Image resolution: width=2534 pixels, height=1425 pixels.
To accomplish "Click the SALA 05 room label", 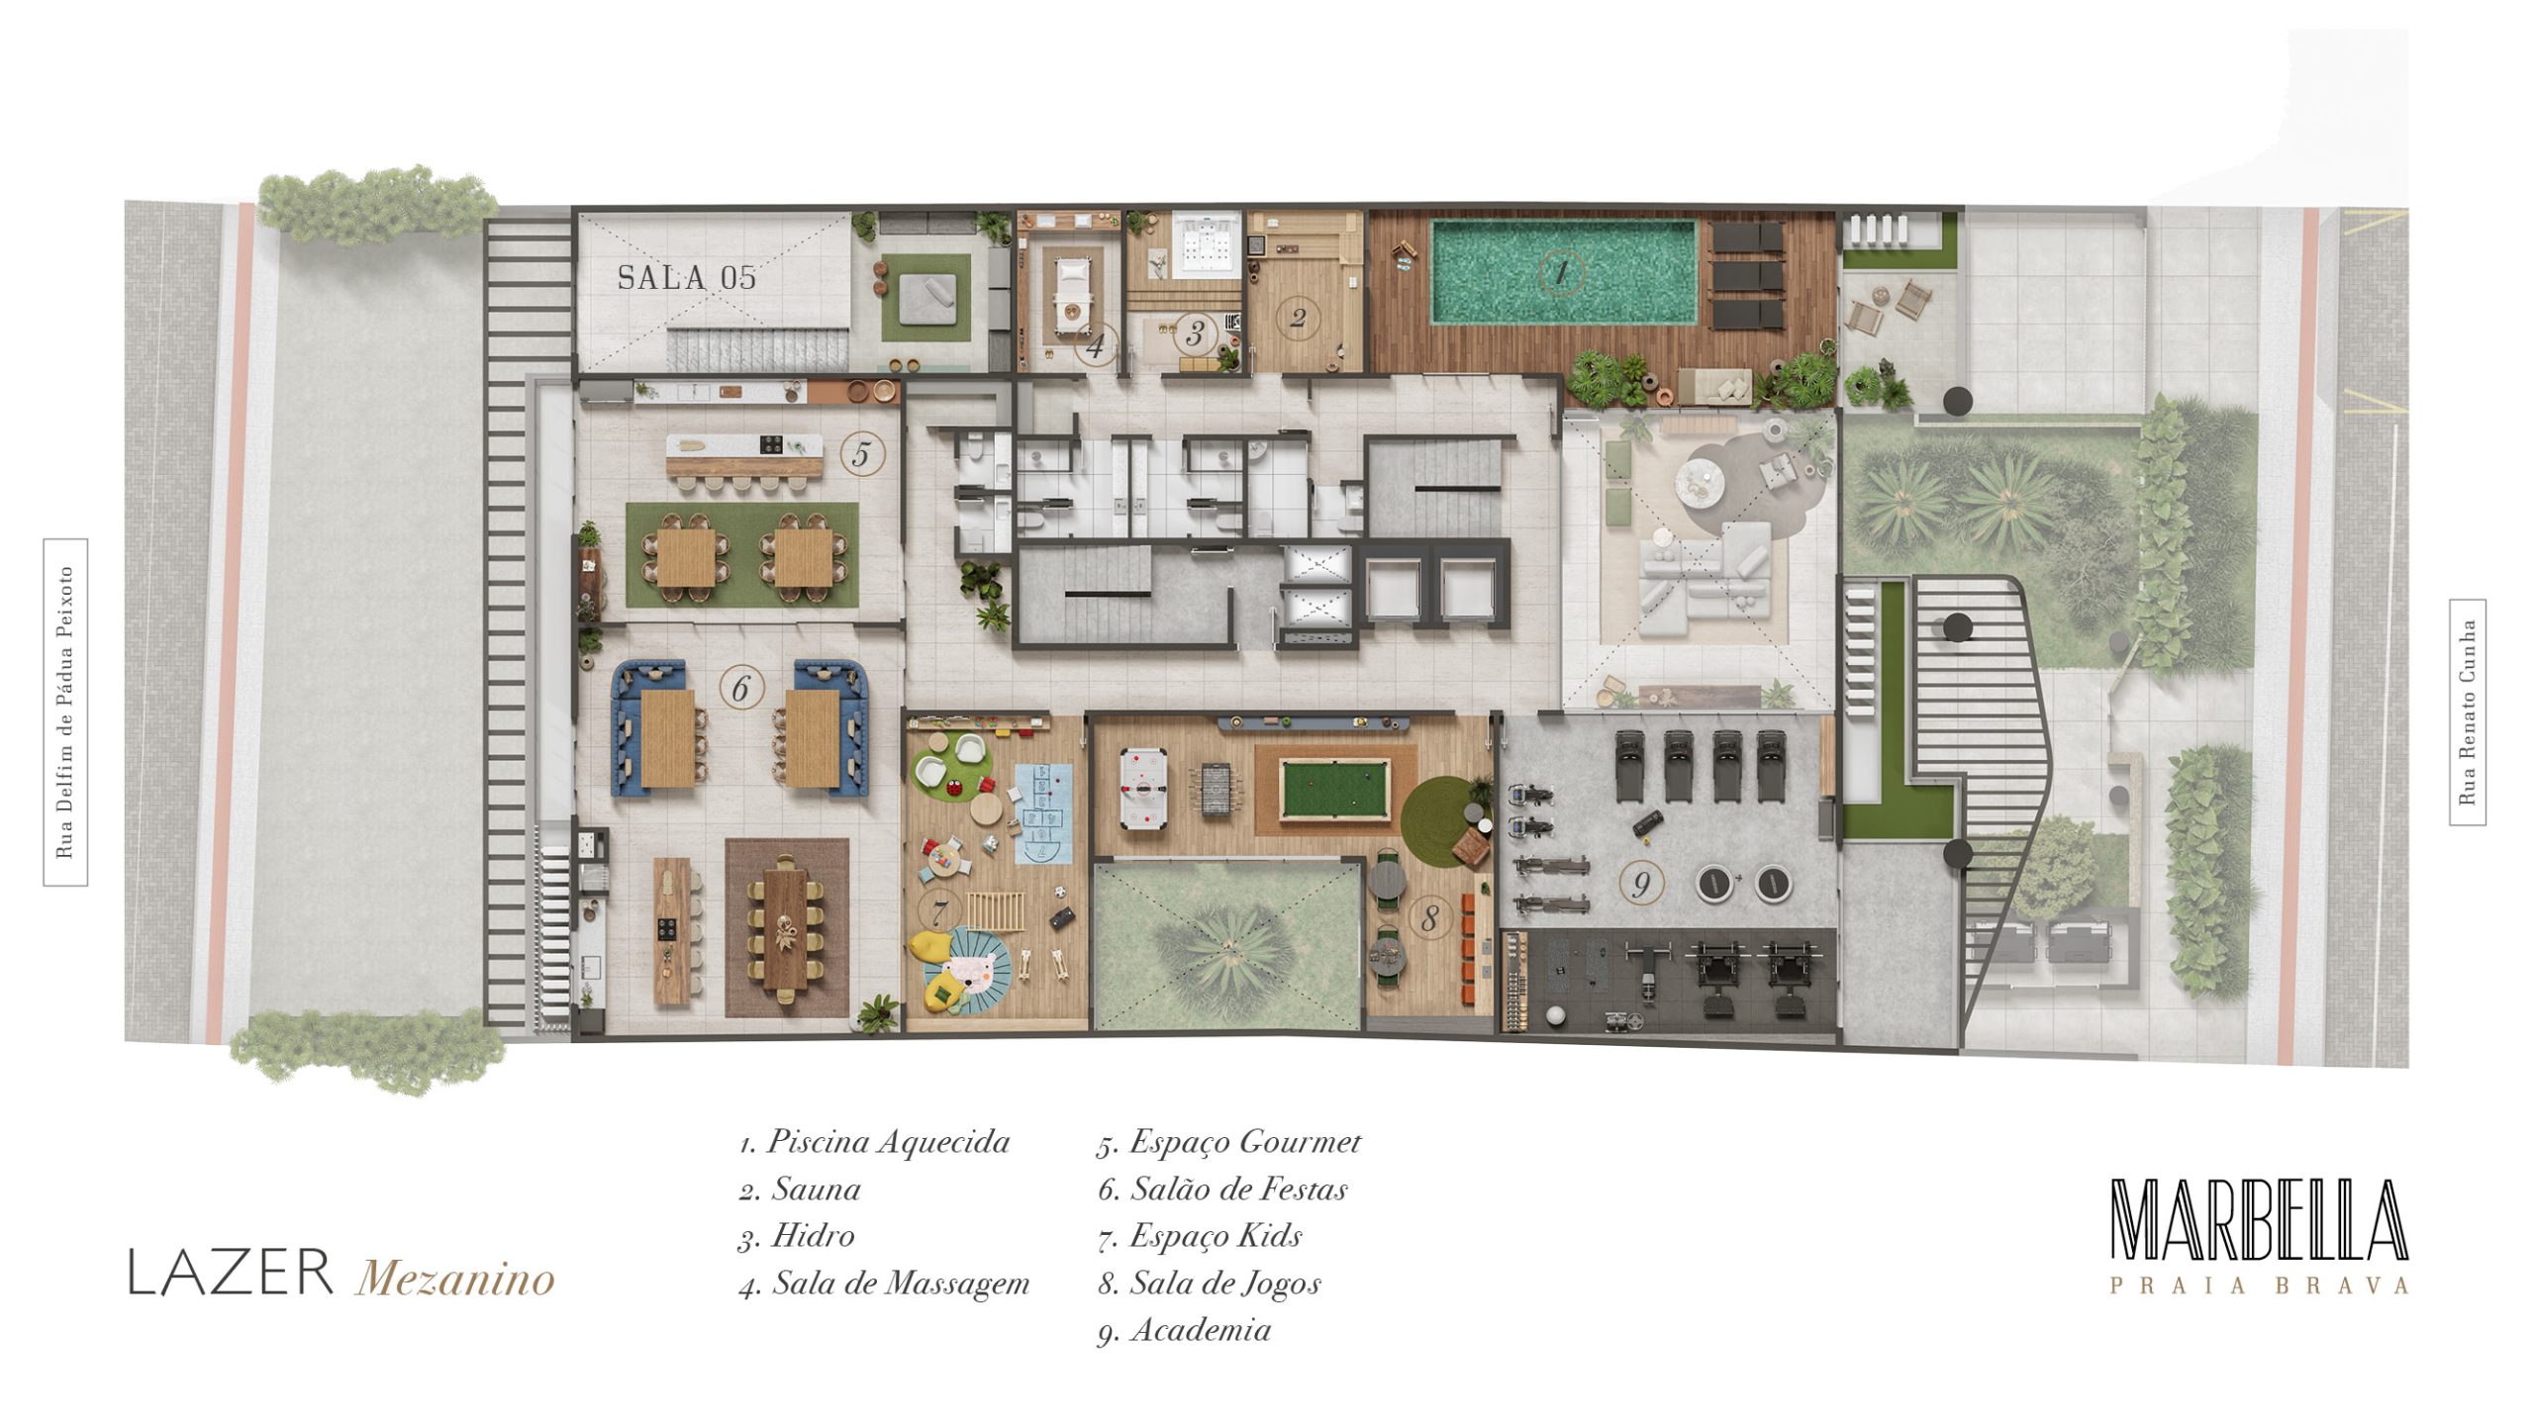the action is pos(687,278).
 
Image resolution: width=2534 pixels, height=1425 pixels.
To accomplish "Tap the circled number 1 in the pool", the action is pos(1562,271).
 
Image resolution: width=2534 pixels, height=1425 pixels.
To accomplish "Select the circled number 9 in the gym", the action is pos(1641,884).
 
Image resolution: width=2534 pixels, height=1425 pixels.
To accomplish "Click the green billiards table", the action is pos(1333,789).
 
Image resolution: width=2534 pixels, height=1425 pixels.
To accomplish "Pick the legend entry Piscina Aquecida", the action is pos(874,1142).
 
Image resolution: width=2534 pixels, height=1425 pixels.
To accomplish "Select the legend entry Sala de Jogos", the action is pos(1210,1283).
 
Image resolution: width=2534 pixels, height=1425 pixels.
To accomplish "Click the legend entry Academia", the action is pos(1185,1330).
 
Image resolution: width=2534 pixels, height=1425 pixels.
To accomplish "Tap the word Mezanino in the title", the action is pos(455,1278).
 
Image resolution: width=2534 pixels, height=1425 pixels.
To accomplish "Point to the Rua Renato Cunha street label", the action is pos(2467,712).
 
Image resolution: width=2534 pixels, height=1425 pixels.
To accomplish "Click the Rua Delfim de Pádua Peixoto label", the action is pos(65,712).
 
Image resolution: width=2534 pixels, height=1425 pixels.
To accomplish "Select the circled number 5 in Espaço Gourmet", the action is pos(861,455).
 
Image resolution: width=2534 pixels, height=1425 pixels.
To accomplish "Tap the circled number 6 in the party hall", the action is pos(741,688).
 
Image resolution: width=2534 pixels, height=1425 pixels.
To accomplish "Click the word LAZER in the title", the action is pos(230,1273).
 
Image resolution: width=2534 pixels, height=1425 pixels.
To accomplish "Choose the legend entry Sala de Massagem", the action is pos(885,1283).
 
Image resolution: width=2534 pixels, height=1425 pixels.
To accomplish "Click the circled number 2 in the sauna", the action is pos(1299,318).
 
